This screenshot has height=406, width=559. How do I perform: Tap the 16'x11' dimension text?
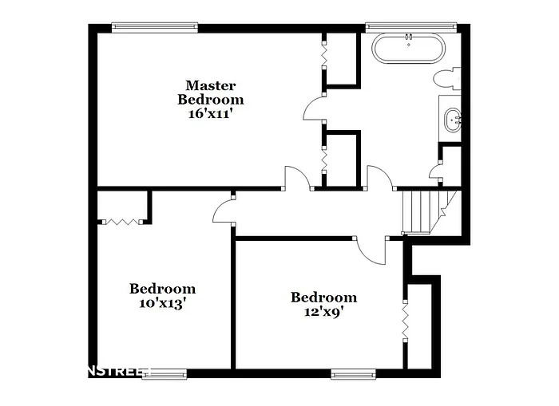tap(211, 113)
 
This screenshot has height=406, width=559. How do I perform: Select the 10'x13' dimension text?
tap(163, 303)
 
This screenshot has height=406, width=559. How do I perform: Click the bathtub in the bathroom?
tap(408, 48)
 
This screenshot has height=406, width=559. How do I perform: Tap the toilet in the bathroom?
tap(446, 78)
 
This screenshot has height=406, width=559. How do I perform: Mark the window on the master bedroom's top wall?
tap(154, 26)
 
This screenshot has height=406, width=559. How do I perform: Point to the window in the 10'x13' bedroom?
tap(165, 372)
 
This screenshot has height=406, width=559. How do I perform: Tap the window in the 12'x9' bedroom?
tap(354, 372)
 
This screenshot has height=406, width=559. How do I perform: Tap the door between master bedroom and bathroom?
tap(314, 107)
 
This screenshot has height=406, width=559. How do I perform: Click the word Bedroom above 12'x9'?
tap(323, 298)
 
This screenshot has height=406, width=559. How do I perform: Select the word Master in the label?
tap(211, 85)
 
